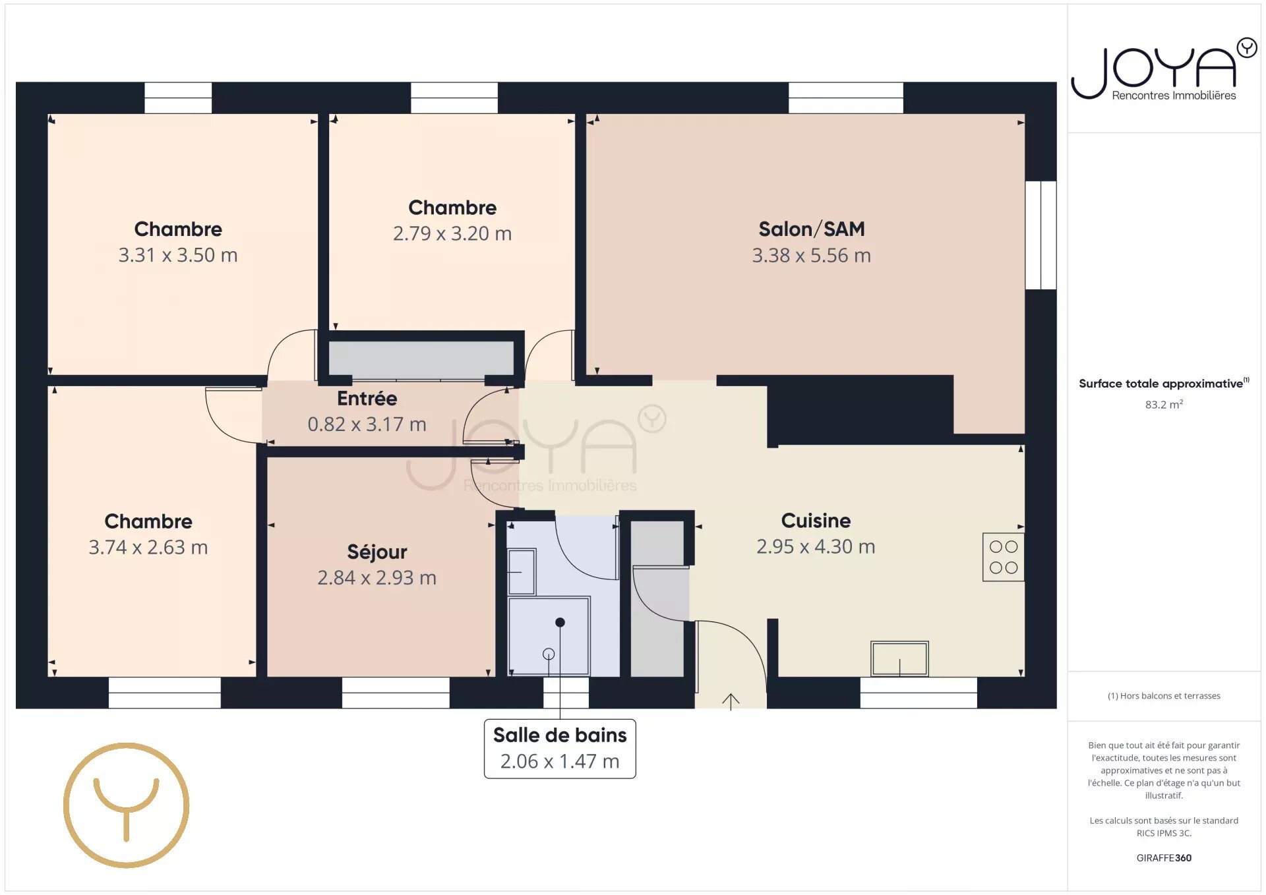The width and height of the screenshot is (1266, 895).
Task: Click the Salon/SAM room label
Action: (x=811, y=229)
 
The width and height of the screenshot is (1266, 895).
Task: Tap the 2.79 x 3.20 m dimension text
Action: (x=452, y=233)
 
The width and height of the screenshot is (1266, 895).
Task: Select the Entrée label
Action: (x=367, y=398)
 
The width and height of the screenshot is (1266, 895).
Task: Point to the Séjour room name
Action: (x=377, y=552)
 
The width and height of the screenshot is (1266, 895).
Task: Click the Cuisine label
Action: (x=816, y=521)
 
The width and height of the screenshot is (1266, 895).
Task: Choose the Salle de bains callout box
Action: (x=560, y=749)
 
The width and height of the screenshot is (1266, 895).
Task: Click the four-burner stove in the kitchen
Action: (x=1003, y=557)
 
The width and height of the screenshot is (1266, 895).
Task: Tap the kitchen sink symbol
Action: (x=899, y=658)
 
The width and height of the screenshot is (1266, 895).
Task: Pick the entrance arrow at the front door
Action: (x=731, y=701)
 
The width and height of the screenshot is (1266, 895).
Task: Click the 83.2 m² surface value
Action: (x=1164, y=404)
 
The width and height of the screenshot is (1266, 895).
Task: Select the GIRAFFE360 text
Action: (x=1164, y=858)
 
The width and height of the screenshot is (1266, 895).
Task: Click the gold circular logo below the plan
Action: (x=126, y=805)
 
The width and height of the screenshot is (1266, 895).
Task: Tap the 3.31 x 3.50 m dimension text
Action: (x=178, y=255)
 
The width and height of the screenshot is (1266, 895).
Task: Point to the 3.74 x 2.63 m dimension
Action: (x=148, y=547)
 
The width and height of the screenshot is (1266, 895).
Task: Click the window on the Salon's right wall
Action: (x=1040, y=235)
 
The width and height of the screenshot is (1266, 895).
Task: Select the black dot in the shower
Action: (x=560, y=622)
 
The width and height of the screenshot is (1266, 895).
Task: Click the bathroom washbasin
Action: (x=522, y=572)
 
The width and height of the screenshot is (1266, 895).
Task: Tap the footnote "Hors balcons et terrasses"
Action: (x=1164, y=696)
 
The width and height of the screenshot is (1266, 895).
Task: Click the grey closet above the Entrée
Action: (x=421, y=360)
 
